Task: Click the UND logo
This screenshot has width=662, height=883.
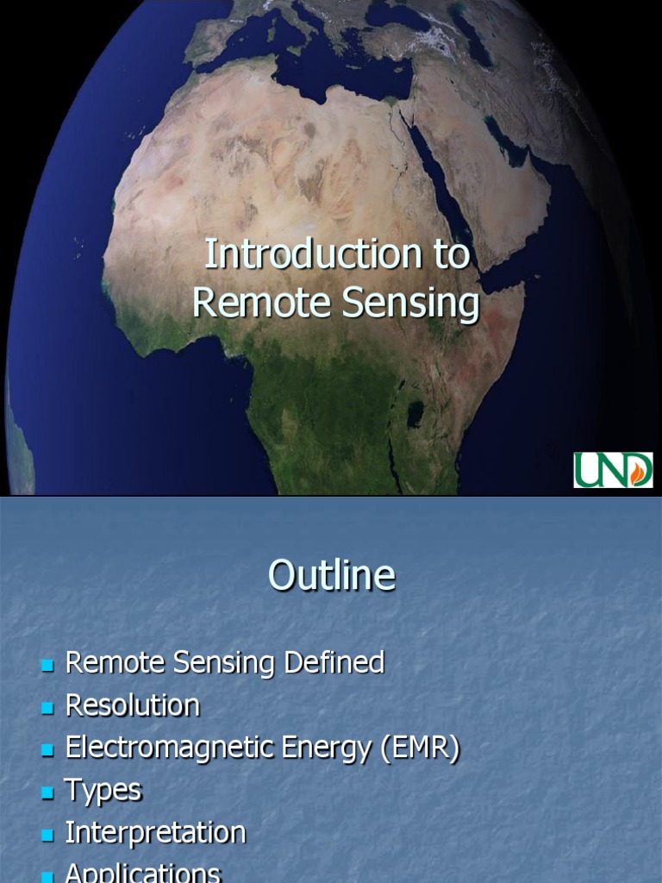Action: pos(613,470)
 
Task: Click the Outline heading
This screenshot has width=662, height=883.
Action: pos(331,575)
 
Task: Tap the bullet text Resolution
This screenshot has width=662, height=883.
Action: pos(132,705)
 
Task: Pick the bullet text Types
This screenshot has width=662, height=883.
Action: pos(103,790)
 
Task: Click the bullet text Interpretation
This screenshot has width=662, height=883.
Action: pos(155,833)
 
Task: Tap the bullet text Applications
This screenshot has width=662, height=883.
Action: pos(143,873)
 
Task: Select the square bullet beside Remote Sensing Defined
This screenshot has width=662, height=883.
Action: pos(47,665)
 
